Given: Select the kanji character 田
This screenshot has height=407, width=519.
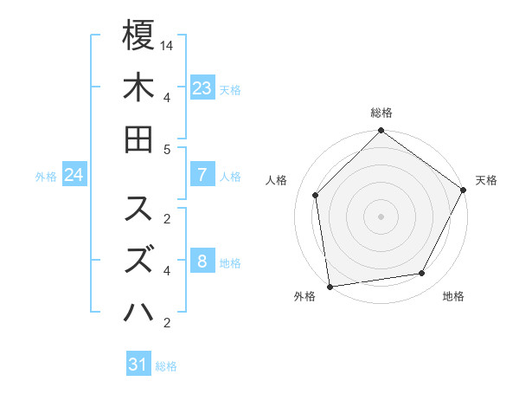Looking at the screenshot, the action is pyautogui.click(x=138, y=139).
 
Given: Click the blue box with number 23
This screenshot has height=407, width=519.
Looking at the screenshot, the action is pyautogui.click(x=202, y=87).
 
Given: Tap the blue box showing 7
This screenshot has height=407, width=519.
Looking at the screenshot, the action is pyautogui.click(x=202, y=175).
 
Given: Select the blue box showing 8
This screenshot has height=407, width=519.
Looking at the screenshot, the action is pyautogui.click(x=202, y=262).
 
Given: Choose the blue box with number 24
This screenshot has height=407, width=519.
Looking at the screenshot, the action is pyautogui.click(x=74, y=175).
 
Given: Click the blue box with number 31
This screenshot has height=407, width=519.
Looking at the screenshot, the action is pyautogui.click(x=138, y=365).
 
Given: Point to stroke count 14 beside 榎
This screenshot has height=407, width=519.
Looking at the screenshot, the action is pyautogui.click(x=167, y=44).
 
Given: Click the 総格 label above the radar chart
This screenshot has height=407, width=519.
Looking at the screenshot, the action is pyautogui.click(x=381, y=113).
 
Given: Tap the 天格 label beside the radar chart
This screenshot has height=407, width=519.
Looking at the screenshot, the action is pyautogui.click(x=486, y=180).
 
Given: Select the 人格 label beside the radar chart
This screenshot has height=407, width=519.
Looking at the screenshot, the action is pyautogui.click(x=277, y=180).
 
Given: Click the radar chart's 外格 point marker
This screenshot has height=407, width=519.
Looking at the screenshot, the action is pyautogui.click(x=330, y=286).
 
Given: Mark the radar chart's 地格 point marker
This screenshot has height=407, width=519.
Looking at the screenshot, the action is pyautogui.click(x=422, y=273).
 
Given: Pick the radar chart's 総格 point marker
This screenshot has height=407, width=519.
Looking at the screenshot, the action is pyautogui.click(x=381, y=132).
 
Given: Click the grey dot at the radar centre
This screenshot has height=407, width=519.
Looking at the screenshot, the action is pyautogui.click(x=381, y=216).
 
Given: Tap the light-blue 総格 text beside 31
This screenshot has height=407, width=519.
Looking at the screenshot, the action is pyautogui.click(x=166, y=365).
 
